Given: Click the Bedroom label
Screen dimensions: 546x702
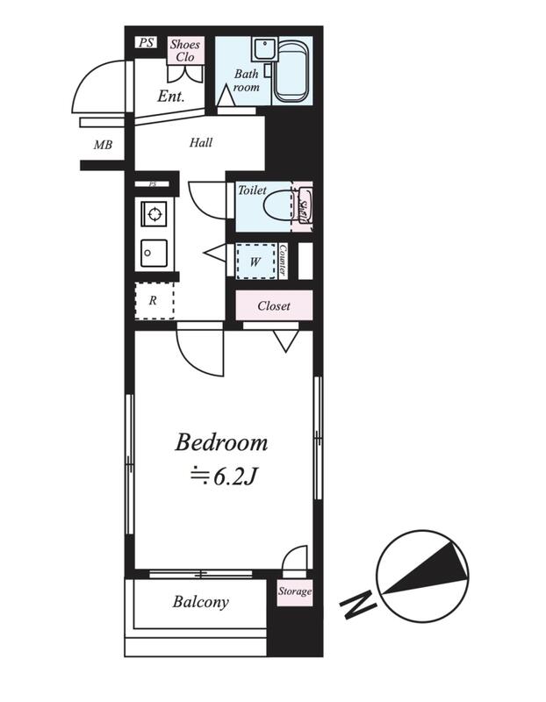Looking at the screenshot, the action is (x=221, y=442).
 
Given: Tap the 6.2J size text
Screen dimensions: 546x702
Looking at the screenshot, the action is (x=223, y=477).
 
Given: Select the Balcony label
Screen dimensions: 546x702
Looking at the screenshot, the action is (x=201, y=602).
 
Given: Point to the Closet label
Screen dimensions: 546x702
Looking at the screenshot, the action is (x=274, y=305).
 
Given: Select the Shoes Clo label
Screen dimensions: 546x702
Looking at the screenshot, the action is (x=184, y=50).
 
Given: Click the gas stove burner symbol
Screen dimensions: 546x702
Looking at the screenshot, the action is (x=154, y=214).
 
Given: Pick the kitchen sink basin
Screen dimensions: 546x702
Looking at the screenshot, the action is (x=154, y=254).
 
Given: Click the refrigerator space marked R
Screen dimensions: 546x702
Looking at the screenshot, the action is (x=154, y=300).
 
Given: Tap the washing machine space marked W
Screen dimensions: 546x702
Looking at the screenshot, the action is (x=255, y=261).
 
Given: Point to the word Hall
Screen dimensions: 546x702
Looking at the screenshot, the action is (x=201, y=143).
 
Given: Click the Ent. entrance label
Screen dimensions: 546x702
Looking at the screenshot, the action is (x=170, y=97).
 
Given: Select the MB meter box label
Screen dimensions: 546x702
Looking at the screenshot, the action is (x=103, y=145).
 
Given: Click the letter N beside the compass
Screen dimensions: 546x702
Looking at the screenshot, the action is (x=357, y=603).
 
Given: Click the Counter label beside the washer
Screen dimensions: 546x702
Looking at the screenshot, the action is (x=283, y=260).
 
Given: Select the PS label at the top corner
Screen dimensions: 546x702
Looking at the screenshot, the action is (x=146, y=42).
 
